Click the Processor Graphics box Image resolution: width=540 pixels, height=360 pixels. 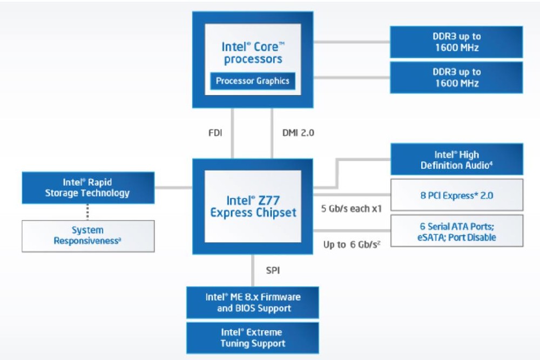tap(253, 81)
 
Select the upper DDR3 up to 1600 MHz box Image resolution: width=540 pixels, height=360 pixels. tap(456, 42)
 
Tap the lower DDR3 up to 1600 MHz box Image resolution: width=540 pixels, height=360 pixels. tap(456, 77)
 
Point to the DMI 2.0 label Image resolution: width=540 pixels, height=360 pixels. tap(298, 132)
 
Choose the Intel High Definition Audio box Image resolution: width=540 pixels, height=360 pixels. tap(456, 160)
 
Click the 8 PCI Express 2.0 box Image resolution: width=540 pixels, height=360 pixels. tap(456, 195)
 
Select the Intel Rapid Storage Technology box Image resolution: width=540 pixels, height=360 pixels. tap(87, 187)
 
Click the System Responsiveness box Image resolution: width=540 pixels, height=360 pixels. tap(87, 236)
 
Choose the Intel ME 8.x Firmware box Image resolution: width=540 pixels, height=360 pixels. tap(253, 302)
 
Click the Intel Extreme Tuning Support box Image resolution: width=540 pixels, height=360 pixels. tap(253, 337)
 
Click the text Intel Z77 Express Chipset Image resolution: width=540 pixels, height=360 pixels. tap(253, 206)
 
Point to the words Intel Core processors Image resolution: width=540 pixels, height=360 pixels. tap(253, 52)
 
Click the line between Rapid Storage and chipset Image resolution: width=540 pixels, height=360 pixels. tap(173, 187)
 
